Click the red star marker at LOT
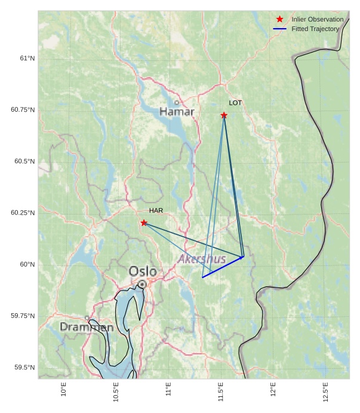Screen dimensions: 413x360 [x=224, y=115]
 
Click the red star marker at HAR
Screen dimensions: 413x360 [x=144, y=223]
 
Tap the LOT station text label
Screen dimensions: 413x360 [x=235, y=103]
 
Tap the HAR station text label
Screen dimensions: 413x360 [x=156, y=210]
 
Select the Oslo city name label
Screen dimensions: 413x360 [x=143, y=271]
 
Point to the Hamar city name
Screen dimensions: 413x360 [x=177, y=112]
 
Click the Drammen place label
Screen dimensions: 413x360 [x=87, y=328]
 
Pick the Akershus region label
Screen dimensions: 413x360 [x=202, y=259]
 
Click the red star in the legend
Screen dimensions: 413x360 [x=279, y=19]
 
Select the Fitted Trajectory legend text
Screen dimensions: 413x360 [x=315, y=29]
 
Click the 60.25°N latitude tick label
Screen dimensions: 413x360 [x=23, y=213]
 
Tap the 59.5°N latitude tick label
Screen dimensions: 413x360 [x=24, y=367]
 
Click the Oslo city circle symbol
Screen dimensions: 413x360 [x=142, y=284]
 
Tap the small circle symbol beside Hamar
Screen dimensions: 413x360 [x=177, y=102]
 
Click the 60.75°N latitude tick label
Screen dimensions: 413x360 [x=23, y=110]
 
